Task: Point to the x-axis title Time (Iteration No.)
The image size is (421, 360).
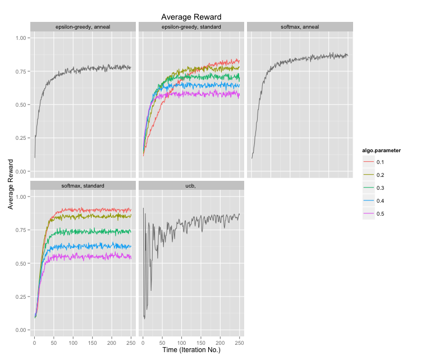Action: pyautogui.click(x=191, y=350)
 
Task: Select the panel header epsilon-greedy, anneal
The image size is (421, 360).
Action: pyautogui.click(x=83, y=26)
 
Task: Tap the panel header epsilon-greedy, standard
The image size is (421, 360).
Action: pyautogui.click(x=191, y=26)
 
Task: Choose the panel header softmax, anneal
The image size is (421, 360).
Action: pyautogui.click(x=300, y=26)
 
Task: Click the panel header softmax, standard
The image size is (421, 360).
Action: pyautogui.click(x=83, y=185)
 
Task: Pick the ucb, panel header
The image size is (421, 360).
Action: pyautogui.click(x=191, y=185)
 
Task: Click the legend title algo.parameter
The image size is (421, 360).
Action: pyautogui.click(x=381, y=150)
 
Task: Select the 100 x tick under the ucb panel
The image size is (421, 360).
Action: pyautogui.click(x=181, y=342)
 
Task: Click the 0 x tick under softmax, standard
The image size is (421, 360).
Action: pyautogui.click(x=34, y=342)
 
